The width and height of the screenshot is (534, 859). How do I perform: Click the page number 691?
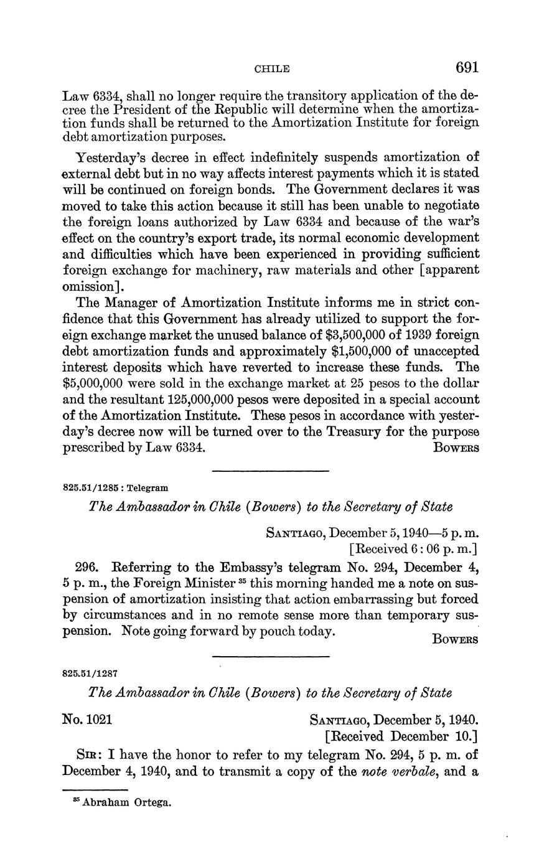466,67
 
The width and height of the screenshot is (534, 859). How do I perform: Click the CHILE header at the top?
272,69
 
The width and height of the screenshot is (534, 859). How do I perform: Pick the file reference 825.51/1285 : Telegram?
115,488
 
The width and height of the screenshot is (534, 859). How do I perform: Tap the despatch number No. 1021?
88,720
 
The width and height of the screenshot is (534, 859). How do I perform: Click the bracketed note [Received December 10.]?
401,737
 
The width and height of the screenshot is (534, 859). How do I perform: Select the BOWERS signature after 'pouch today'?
455,640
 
